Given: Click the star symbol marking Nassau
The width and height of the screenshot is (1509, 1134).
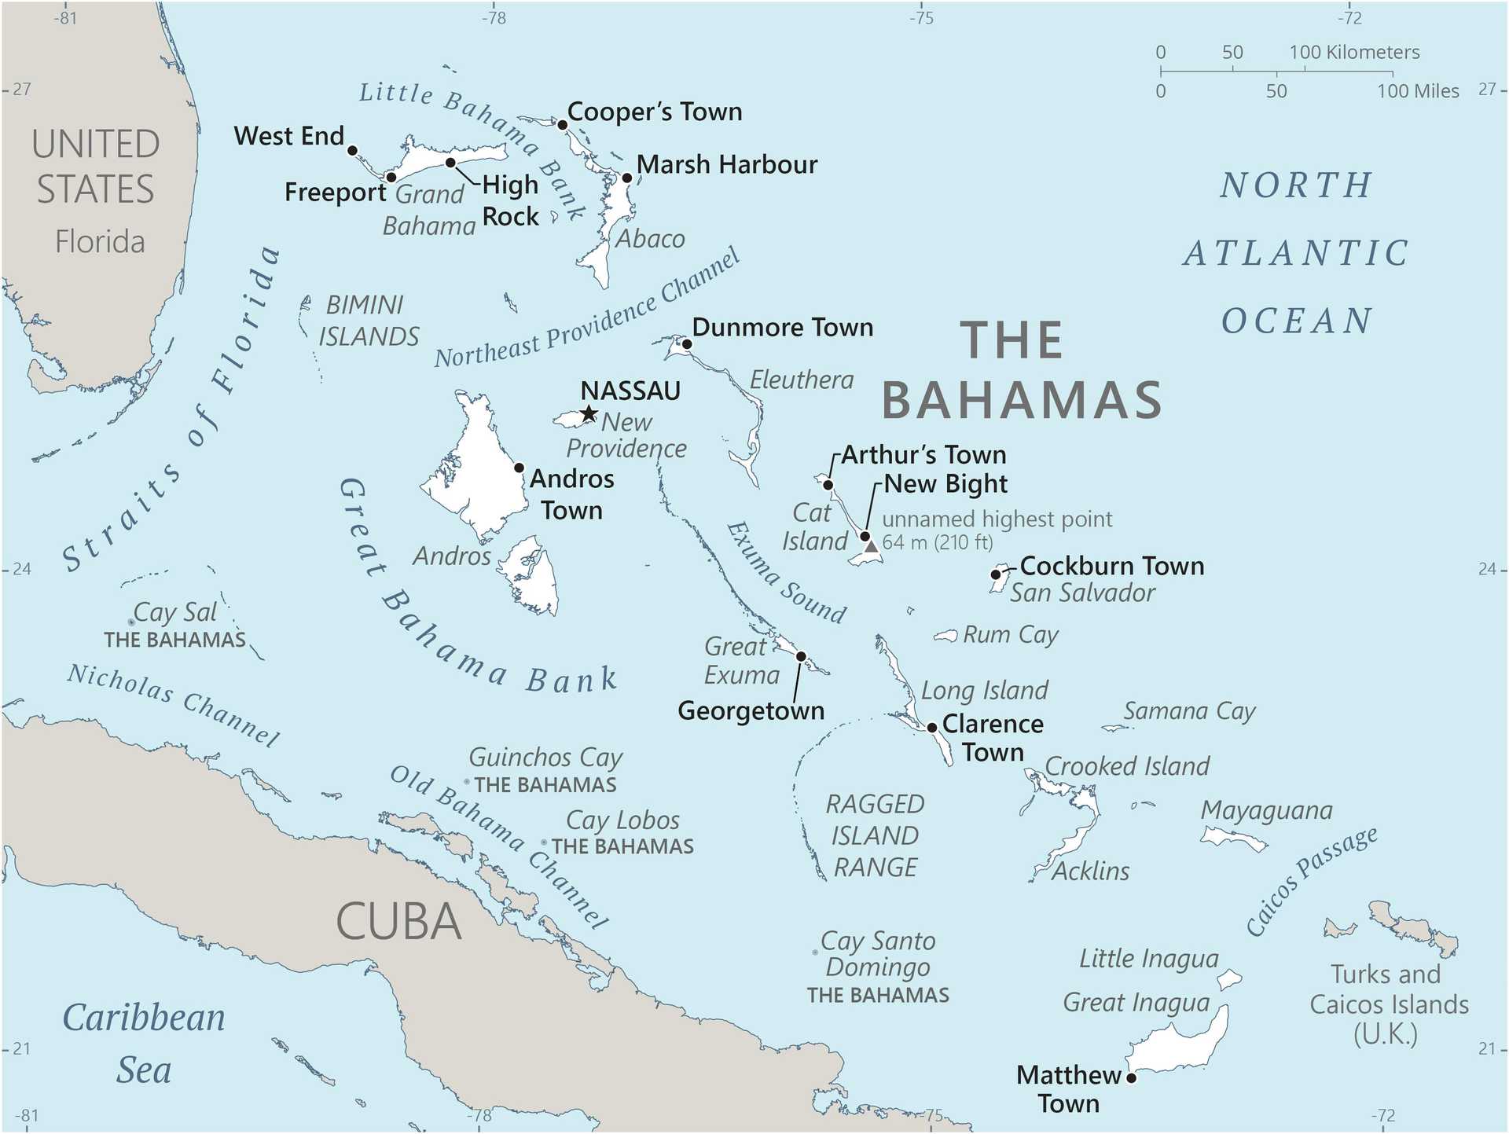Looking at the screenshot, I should (x=589, y=413).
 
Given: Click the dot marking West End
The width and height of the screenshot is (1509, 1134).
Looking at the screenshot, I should (x=353, y=150).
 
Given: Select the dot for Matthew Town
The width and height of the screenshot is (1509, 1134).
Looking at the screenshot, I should (x=1131, y=1077).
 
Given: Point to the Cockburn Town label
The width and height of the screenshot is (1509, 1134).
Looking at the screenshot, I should (x=1111, y=566).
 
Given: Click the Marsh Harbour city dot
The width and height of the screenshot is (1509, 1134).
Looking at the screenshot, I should (x=627, y=178).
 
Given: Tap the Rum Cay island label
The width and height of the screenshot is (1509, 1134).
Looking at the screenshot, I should (x=1011, y=634).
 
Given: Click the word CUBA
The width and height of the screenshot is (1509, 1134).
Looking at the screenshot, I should (x=398, y=921).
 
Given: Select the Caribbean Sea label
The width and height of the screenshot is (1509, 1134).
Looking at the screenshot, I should (x=144, y=1043).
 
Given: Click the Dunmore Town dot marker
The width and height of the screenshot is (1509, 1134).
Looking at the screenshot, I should (x=687, y=343).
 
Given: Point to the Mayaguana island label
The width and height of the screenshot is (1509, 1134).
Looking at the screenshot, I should (x=1266, y=810).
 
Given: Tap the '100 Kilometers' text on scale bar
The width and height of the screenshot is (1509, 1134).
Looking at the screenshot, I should (x=1354, y=53).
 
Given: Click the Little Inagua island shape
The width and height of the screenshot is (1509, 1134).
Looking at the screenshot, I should (x=1228, y=979).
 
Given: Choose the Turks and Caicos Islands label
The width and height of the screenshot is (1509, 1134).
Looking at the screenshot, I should (x=1388, y=1004).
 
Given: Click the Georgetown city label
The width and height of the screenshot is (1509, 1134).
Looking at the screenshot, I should (x=751, y=710).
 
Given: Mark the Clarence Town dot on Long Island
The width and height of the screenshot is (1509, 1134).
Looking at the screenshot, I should (x=932, y=728).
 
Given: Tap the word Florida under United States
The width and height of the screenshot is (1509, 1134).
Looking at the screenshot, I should (x=100, y=242).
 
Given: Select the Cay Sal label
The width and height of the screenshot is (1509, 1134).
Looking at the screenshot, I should (x=174, y=611).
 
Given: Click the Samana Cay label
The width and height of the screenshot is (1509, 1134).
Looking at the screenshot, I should (x=1188, y=711).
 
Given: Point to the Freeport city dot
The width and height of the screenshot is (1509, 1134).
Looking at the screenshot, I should (x=391, y=177).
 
